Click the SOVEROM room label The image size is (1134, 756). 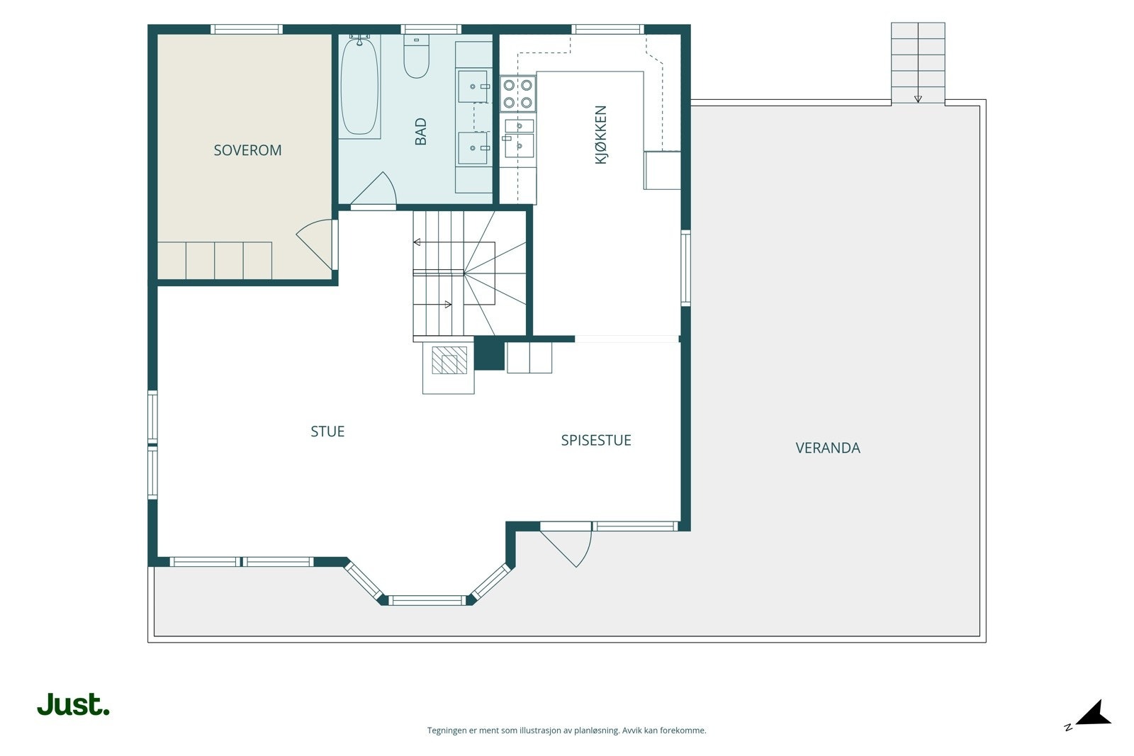tap(247, 150)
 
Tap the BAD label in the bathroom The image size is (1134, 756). tap(421, 132)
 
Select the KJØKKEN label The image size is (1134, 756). tap(600, 135)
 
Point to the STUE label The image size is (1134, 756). tap(327, 431)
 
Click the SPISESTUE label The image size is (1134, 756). tap(596, 440)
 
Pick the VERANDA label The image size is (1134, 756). tap(828, 448)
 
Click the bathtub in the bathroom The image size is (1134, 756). tap(359, 86)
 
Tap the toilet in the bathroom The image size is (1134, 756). tap(416, 56)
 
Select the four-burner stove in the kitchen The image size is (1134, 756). tap(518, 94)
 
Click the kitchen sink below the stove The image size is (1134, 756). tap(518, 138)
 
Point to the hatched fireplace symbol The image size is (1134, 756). tap(449, 361)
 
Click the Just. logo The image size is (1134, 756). tap(74, 704)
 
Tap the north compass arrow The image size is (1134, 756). tap(1094, 714)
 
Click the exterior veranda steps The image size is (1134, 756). tap(918, 63)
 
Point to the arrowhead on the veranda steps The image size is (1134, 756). tap(918, 99)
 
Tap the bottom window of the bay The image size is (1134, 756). tap(427, 601)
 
